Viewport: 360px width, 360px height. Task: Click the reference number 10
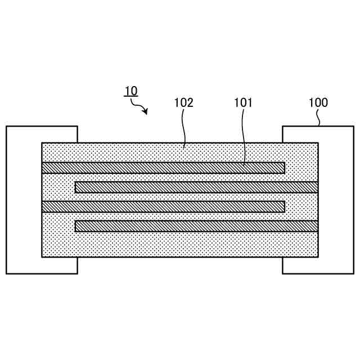click(130, 91)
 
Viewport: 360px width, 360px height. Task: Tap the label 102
click(183, 103)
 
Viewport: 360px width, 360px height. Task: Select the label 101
click(243, 103)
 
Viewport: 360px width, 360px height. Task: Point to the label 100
click(318, 103)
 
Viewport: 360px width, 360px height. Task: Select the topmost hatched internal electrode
click(163, 168)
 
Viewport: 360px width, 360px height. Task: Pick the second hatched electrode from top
click(197, 187)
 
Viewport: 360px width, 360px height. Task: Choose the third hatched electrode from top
click(163, 206)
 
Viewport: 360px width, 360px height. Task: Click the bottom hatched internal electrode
click(197, 226)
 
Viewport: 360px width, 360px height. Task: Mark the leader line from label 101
click(244, 135)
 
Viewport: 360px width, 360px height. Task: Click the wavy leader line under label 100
click(319, 118)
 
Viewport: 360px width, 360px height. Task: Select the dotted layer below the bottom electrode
click(180, 244)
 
